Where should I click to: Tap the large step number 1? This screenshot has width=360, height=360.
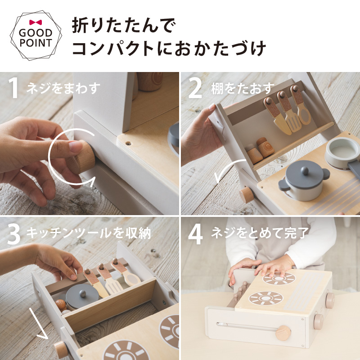click(x=14, y=88)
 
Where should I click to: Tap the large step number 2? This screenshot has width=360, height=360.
click(x=196, y=88)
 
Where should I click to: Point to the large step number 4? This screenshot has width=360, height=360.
click(x=196, y=233)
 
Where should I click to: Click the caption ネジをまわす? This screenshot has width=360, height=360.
click(x=62, y=88)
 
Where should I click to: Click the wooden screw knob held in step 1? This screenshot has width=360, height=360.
click(x=82, y=155)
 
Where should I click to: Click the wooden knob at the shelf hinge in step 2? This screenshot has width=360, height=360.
click(x=247, y=195)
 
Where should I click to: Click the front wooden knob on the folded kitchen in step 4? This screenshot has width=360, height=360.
click(x=283, y=333)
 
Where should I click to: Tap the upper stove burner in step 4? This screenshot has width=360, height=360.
click(x=279, y=278)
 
